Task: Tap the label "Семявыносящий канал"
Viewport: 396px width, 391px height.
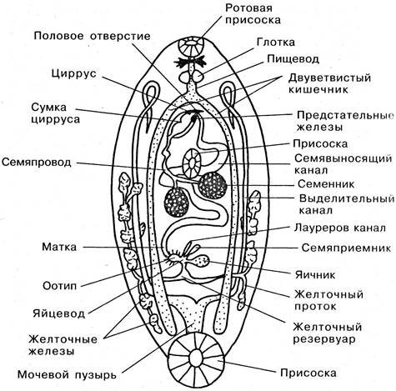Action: coord(338,163)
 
